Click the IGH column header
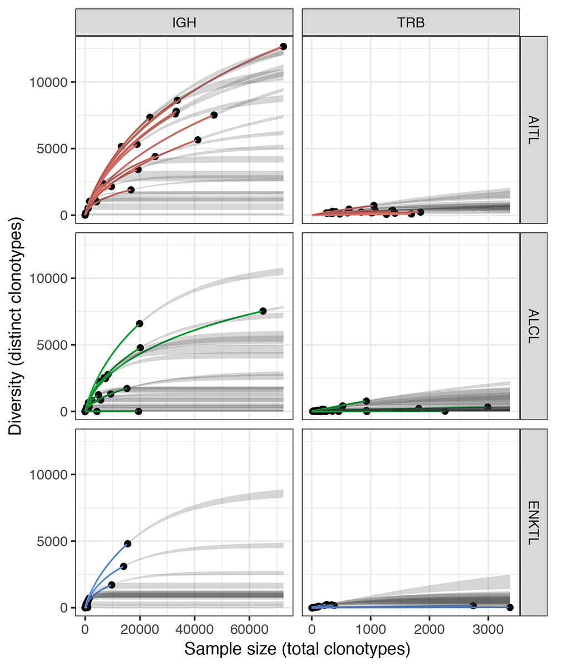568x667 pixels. (184, 23)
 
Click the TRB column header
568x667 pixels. (411, 23)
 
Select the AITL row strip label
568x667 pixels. (534, 129)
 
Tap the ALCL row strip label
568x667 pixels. (534, 326)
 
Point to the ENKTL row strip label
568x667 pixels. (534, 522)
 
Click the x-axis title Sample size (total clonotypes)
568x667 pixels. (297, 649)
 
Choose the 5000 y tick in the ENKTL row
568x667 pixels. (54, 541)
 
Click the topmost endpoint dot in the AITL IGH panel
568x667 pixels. (283, 47)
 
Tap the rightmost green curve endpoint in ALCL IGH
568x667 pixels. (263, 311)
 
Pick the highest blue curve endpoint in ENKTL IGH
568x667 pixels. (127, 544)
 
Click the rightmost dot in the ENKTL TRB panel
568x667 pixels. (510, 607)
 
